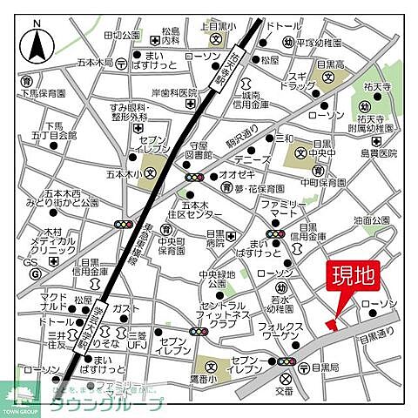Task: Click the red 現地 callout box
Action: [353, 278]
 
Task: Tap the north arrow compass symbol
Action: [37, 40]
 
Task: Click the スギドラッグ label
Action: [297, 82]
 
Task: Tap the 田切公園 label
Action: [121, 36]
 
